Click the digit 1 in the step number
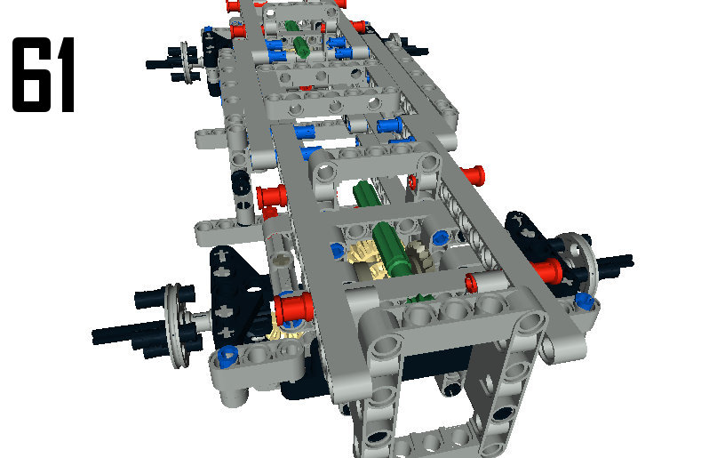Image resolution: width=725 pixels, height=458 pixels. pyautogui.click(x=64, y=75)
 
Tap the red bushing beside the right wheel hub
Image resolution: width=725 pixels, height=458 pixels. pyautogui.click(x=549, y=270)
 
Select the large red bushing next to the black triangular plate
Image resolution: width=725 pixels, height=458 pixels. pyautogui.click(x=293, y=307)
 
